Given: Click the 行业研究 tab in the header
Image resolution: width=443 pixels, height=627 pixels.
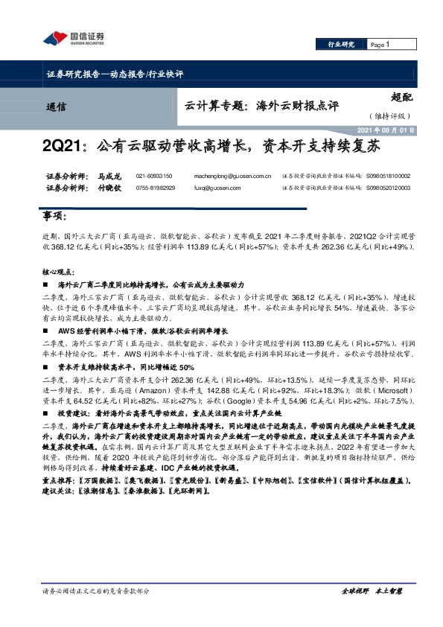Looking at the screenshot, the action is click(341, 45).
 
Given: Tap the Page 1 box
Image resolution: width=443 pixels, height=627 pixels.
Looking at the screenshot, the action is click(383, 45).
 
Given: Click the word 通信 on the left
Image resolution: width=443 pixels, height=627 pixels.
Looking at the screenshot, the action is click(54, 106).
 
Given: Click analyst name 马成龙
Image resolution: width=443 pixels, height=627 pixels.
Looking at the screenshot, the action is click(109, 176).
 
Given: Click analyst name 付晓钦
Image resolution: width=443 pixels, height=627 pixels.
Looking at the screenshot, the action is click(109, 188).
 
